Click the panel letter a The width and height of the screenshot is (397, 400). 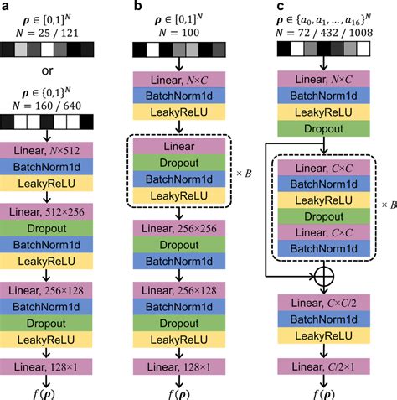point(7,8)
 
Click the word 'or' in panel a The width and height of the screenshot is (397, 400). point(58,71)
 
